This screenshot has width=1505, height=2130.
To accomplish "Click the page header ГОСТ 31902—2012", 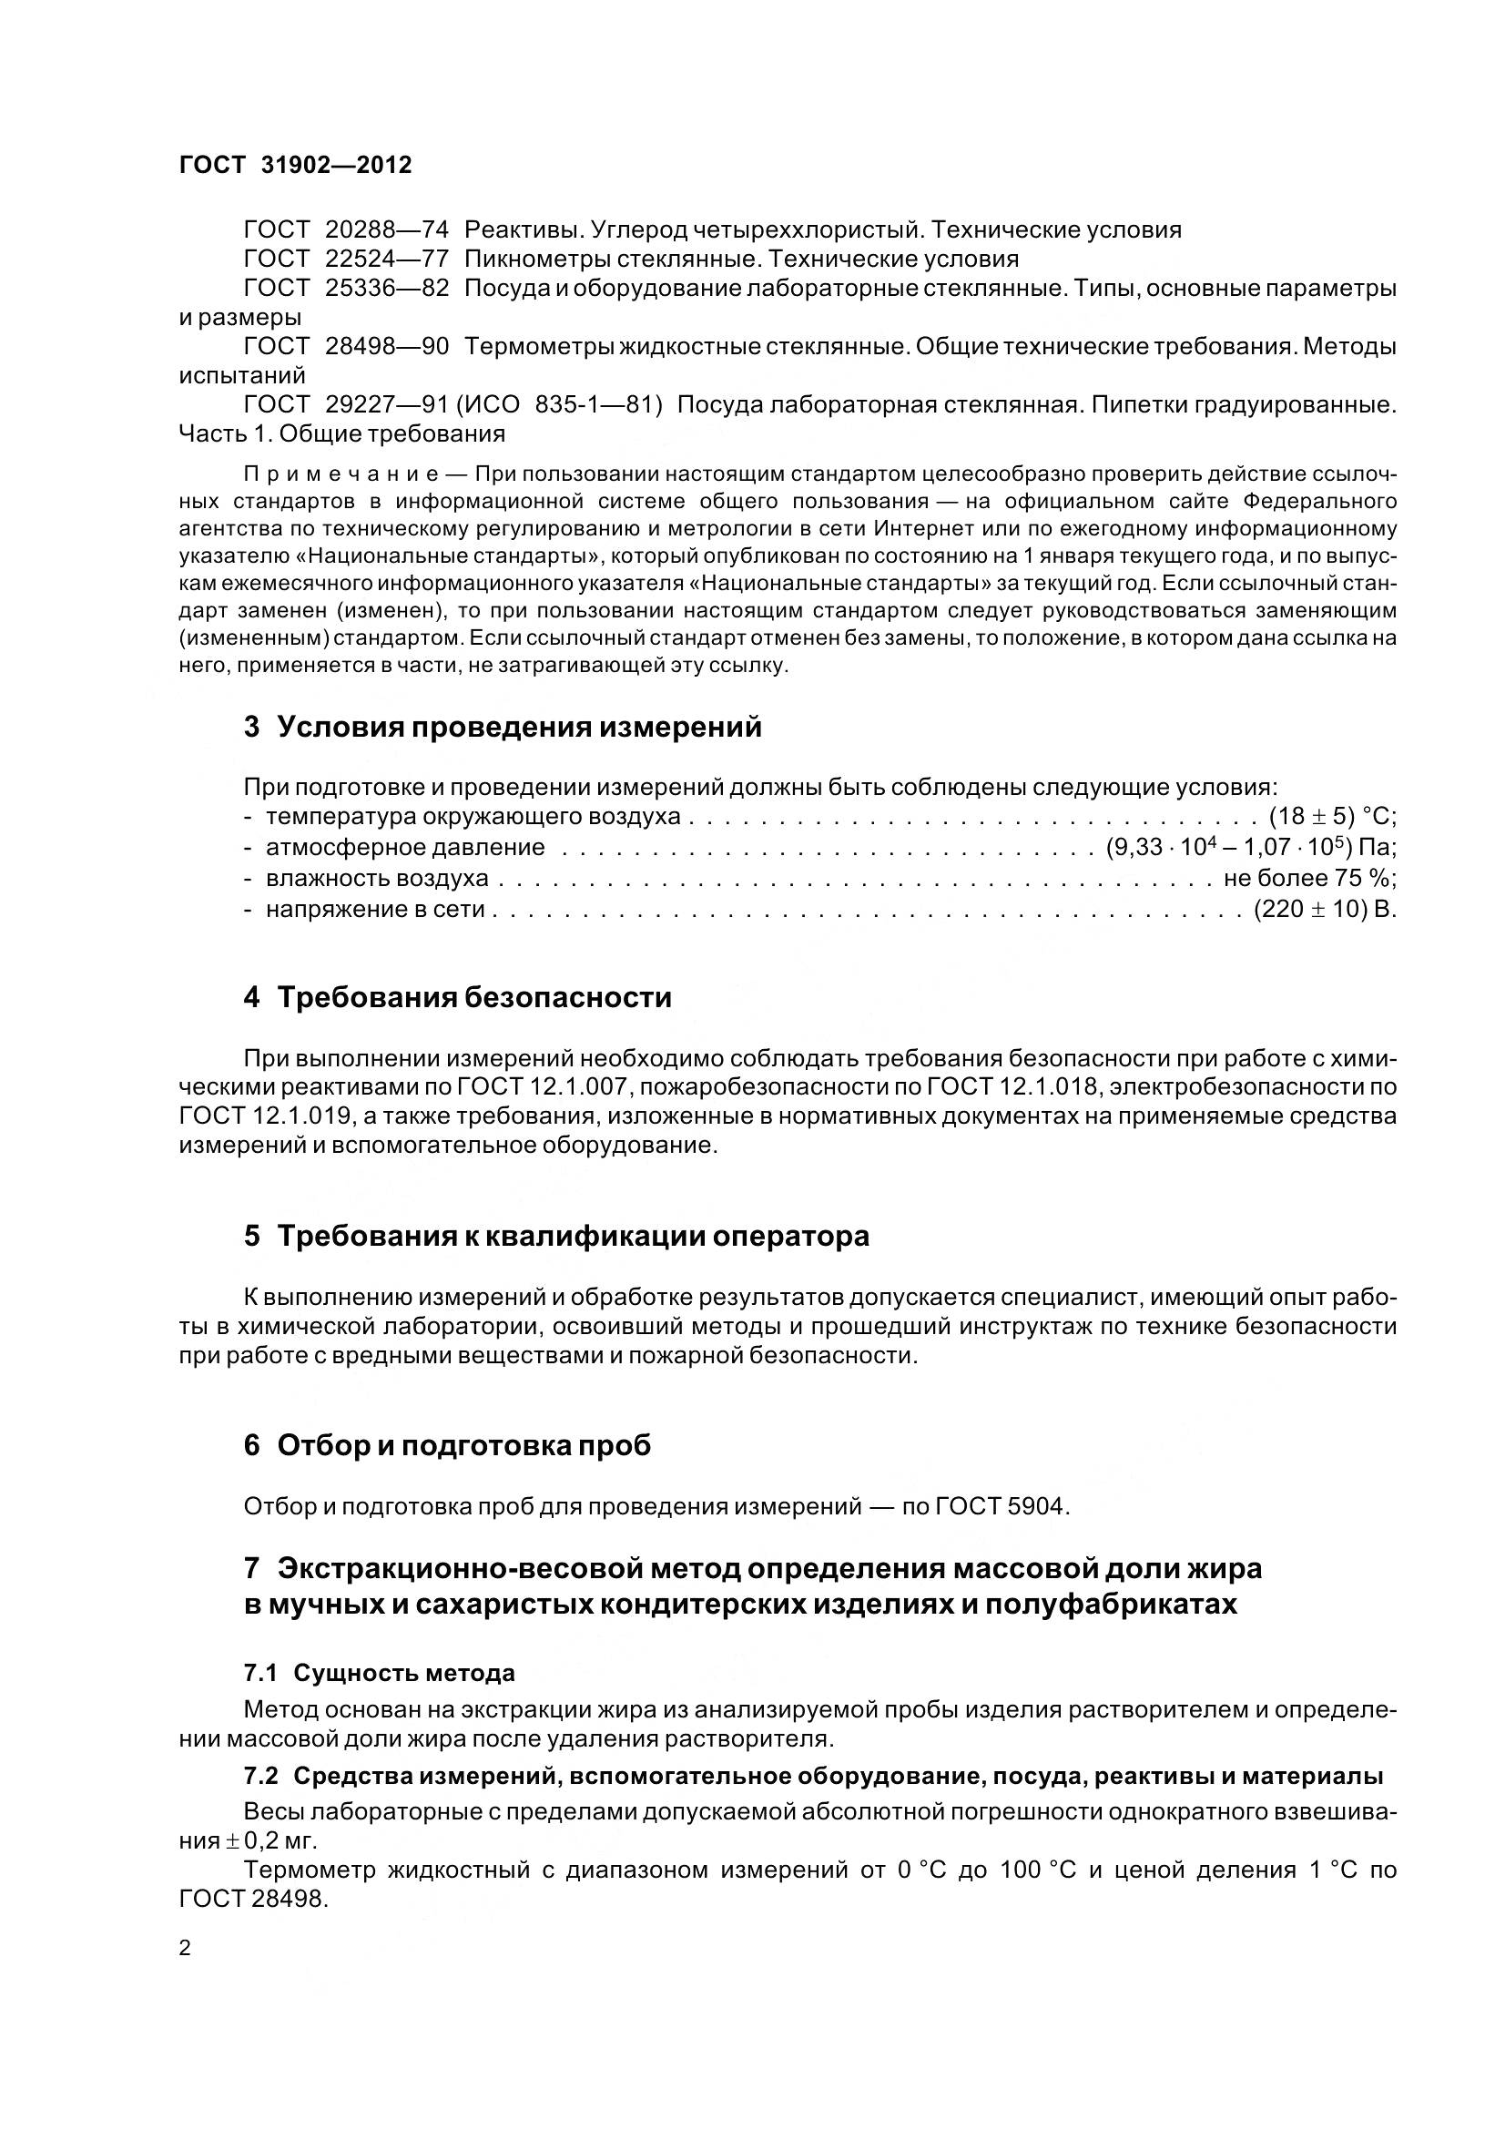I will pyautogui.click(x=295, y=165).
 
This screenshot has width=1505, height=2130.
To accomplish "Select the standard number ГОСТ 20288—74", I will pyautogui.click(x=346, y=229).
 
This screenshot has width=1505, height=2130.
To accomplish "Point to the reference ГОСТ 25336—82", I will pyautogui.click(x=346, y=289).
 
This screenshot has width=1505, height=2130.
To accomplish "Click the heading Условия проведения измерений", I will pyautogui.click(x=518, y=727).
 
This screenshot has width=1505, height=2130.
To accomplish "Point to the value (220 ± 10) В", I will pyautogui.click(x=1325, y=909).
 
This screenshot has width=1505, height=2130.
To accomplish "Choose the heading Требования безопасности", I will pyautogui.click(x=473, y=997).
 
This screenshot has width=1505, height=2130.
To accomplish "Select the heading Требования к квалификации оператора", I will pyautogui.click(x=572, y=1236).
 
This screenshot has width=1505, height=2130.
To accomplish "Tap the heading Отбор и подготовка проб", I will pyautogui.click(x=463, y=1445).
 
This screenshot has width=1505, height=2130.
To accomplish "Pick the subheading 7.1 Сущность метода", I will pyautogui.click(x=380, y=1674).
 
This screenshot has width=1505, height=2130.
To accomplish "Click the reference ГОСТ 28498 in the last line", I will pyautogui.click(x=252, y=1899).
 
